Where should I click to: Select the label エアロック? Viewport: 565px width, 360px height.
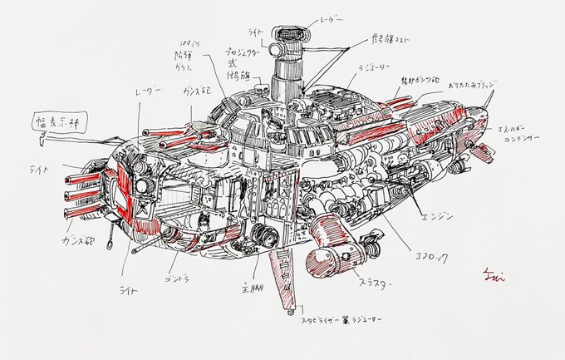(430, 259)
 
